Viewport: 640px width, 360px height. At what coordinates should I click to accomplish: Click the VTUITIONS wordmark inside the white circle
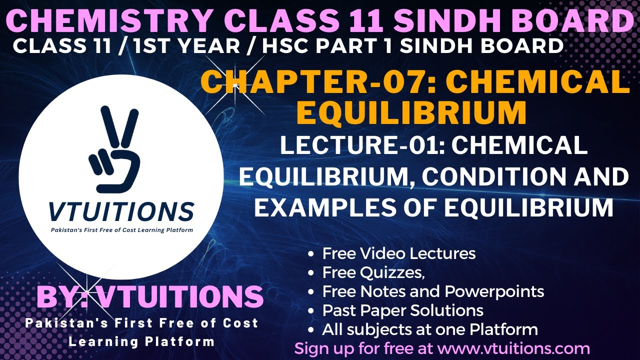[x=121, y=212]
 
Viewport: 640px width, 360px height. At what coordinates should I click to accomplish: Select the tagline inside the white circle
[x=122, y=229]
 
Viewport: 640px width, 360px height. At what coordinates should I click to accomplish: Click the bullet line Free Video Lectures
[x=398, y=253]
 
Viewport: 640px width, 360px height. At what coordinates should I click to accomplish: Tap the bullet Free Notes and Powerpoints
[x=433, y=291]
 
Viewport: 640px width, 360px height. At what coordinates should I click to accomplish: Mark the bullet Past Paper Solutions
[x=402, y=310]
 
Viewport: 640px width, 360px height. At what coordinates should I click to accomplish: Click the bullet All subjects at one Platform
[x=430, y=329]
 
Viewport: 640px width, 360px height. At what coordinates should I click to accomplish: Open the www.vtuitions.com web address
[x=520, y=348]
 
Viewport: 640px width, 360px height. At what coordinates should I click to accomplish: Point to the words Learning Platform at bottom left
[x=141, y=342]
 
